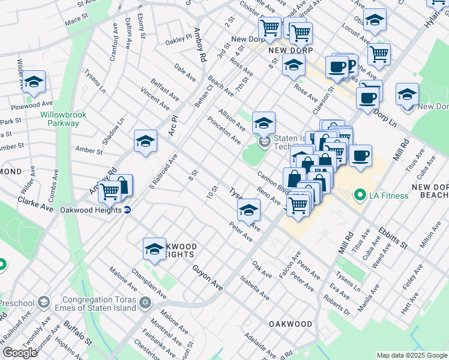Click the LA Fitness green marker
360,194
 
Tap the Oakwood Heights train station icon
127,210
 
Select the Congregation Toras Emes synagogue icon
144,302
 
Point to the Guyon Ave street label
208,280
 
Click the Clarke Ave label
35,203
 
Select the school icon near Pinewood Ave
34,81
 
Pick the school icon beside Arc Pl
145,141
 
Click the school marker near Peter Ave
249,209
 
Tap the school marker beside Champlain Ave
154,248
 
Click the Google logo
19,352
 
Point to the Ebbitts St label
393,238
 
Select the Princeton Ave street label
224,130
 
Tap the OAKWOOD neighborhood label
291,324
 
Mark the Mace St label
76,21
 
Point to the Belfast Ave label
165,89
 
